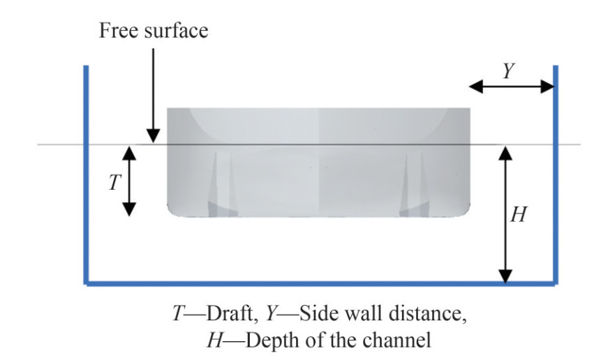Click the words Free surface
[x=154, y=31]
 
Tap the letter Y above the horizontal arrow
[x=510, y=69]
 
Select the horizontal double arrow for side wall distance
[x=512, y=87]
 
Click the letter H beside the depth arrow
[x=519, y=215]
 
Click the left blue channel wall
[x=86, y=174]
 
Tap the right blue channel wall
[x=556, y=174]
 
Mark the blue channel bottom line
[x=321, y=284]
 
